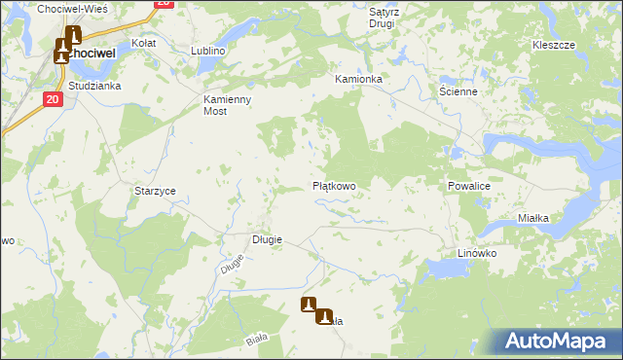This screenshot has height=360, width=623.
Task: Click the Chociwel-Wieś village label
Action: [72, 8]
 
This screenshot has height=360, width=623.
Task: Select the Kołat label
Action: [144, 44]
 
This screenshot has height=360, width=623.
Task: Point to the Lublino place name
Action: [208, 50]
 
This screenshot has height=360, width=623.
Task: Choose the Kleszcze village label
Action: [554, 45]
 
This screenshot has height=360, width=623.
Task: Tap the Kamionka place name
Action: [359, 78]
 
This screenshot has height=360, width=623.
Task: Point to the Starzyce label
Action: [155, 192]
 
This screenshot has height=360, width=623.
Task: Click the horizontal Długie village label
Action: [267, 239]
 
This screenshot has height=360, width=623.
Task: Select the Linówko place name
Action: [477, 253]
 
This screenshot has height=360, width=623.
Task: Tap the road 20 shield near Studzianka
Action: [53, 98]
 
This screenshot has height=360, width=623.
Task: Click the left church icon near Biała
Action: [309, 305]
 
